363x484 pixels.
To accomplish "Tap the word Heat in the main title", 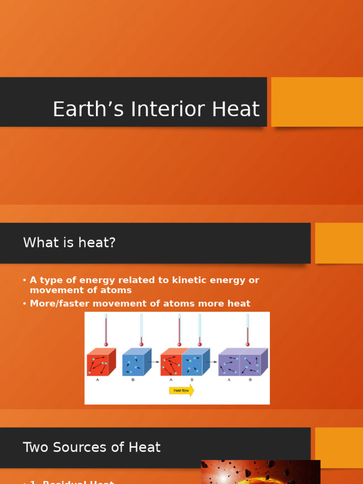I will point(236,109).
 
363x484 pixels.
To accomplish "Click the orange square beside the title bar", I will point(317,102).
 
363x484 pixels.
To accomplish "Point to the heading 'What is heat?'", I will point(69,243).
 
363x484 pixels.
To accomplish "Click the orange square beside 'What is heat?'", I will point(338,243).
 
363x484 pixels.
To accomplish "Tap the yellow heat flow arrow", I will point(181,390).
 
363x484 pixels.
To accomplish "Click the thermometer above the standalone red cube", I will point(106,330).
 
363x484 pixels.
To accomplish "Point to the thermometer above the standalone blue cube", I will point(141,330).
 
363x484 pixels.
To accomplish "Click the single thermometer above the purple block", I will point(247,330).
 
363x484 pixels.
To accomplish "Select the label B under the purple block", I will point(251,380).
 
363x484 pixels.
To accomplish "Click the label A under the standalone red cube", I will point(98,380).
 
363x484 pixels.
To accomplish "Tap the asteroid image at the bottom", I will point(260,472).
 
